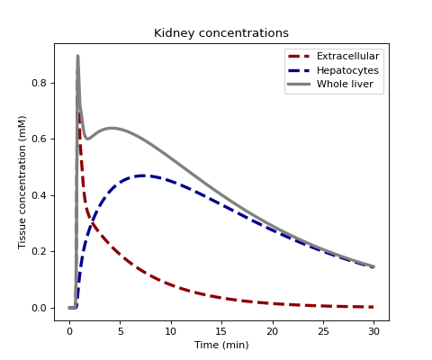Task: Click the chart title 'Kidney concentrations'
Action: [221, 33]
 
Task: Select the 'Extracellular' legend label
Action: [348, 56]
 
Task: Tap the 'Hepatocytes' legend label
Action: [347, 70]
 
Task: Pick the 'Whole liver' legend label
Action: [345, 84]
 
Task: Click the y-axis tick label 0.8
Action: [40, 83]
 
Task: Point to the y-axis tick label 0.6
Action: [40, 139]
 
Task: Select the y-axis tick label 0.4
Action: [40, 195]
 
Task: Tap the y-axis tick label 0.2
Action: [40, 251]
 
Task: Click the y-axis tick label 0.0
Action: [40, 308]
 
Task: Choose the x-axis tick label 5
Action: [121, 331]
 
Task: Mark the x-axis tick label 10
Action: [171, 331]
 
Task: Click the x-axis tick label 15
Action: [221, 331]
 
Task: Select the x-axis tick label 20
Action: [273, 331]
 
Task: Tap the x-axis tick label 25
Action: [323, 331]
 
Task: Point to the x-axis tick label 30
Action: [373, 331]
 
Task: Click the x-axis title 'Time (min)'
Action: [221, 345]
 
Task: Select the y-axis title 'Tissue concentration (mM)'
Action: [22, 183]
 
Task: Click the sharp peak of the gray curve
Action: [77, 56]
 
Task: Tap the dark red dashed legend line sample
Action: [299, 56]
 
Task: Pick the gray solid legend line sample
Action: [299, 85]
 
